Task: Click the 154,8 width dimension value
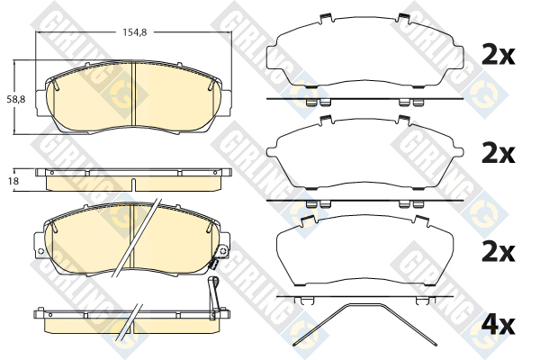[x=135, y=32]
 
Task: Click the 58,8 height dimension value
[x=16, y=100]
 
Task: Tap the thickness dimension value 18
[x=14, y=181]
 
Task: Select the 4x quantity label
[x=499, y=325]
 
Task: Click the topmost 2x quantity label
[x=499, y=55]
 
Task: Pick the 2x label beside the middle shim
[x=499, y=153]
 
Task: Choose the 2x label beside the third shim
[x=499, y=252]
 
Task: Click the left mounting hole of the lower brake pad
[x=40, y=250]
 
